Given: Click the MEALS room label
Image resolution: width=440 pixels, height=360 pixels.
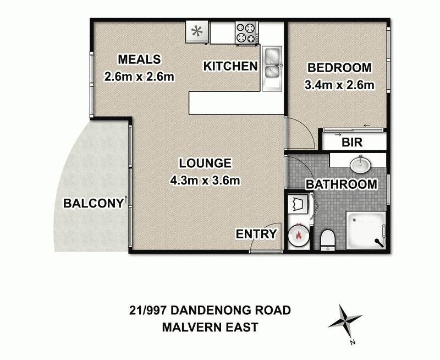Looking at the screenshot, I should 139,59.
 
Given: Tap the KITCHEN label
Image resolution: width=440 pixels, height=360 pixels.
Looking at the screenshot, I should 230,67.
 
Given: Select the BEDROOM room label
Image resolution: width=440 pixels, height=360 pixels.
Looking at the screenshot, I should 339,68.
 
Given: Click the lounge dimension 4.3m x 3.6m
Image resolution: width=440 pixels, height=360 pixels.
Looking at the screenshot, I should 205,179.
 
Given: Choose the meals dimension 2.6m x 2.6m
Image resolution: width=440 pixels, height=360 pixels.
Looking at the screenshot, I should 139,77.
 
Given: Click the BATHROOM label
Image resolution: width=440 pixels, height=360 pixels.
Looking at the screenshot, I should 342,184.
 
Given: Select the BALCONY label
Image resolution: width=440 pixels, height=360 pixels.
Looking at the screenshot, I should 92,203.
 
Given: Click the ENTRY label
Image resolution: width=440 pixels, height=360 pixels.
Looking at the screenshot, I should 256,234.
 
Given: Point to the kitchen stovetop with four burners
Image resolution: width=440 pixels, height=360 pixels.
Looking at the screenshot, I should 246,32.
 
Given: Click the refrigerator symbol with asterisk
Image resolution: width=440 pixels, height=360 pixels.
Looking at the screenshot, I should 197,32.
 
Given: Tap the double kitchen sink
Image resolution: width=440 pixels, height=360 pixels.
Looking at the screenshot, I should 272,64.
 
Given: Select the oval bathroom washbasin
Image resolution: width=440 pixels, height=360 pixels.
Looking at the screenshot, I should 361,163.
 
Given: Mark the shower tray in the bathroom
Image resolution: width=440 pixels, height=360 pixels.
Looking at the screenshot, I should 366,231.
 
